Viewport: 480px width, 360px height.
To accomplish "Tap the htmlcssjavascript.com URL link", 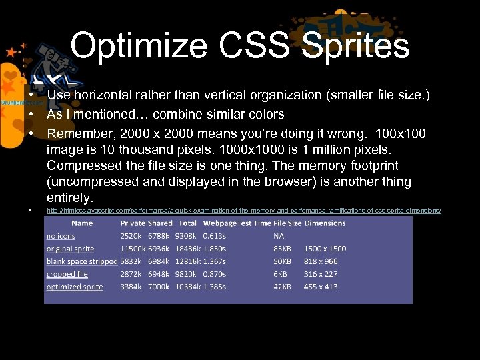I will point(243,211).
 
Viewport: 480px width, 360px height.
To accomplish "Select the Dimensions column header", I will point(325,223).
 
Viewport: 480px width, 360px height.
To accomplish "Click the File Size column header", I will point(287,223).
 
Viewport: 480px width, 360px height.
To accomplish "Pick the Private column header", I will point(133,223).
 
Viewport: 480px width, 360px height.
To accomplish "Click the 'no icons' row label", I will point(61,236).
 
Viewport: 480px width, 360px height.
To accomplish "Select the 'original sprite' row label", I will point(70,249).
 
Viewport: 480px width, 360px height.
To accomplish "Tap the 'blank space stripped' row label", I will point(82,261).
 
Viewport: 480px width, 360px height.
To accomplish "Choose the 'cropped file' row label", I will point(67,274).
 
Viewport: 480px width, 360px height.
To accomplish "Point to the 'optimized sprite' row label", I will point(75,287).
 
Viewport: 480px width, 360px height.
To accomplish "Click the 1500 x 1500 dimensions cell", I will point(325,249).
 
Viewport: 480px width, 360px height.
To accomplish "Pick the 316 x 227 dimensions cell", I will point(321,274).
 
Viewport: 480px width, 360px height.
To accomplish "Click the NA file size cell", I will point(279,236).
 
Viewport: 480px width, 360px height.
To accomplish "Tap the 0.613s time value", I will point(215,236).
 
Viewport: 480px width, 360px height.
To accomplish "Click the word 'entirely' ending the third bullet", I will point(69,197).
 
